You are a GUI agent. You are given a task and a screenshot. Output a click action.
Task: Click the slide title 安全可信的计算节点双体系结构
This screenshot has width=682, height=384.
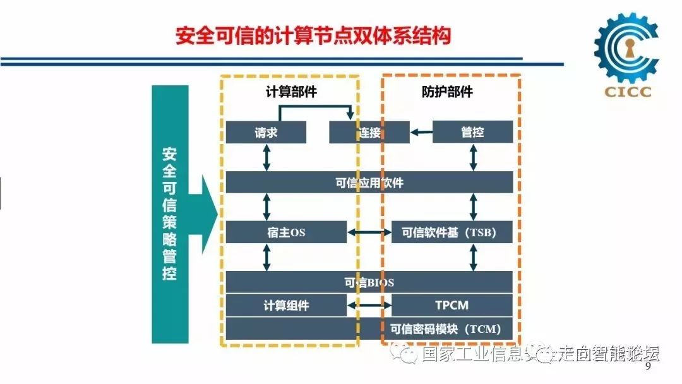coord(313,35)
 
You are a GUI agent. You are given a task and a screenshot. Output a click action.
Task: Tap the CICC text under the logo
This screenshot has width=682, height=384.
coord(627,92)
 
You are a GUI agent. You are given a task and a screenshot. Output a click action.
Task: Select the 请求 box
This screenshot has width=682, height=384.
coord(266,132)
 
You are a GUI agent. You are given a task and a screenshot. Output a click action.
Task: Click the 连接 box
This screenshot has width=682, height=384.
coord(369,132)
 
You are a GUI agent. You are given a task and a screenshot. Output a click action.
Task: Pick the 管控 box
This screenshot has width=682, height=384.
coord(472,132)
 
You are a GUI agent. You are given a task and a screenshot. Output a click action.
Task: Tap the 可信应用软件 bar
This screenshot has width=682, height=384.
coord(369,183)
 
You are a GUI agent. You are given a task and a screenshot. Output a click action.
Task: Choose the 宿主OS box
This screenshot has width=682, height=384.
coord(286,232)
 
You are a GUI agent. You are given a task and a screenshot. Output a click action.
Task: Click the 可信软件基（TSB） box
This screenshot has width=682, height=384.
coord(452,232)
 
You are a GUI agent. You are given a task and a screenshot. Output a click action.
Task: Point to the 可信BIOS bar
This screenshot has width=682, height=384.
coord(369,282)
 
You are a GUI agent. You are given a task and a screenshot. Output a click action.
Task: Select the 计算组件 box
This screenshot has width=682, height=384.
coord(286,306)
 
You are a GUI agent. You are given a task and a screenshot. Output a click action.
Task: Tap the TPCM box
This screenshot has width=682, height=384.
coord(452,306)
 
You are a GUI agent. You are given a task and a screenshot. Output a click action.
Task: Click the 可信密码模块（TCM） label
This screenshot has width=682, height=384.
coord(445,329)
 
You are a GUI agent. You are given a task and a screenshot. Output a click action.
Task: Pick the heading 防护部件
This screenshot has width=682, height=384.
coord(447,92)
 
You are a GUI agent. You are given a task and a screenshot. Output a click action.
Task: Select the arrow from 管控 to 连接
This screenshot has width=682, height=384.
coord(421,132)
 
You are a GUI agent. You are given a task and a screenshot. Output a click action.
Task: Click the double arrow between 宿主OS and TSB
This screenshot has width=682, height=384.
coord(369,233)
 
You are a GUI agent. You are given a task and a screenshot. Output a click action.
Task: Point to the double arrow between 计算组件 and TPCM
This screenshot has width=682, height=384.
coord(369,306)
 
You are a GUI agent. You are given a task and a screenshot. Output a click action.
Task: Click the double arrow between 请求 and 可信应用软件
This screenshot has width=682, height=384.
coord(266,157)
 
